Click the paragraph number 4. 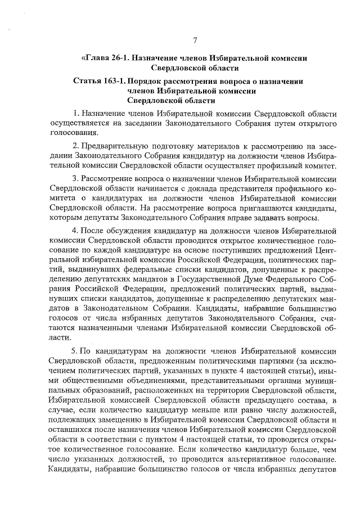76,231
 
